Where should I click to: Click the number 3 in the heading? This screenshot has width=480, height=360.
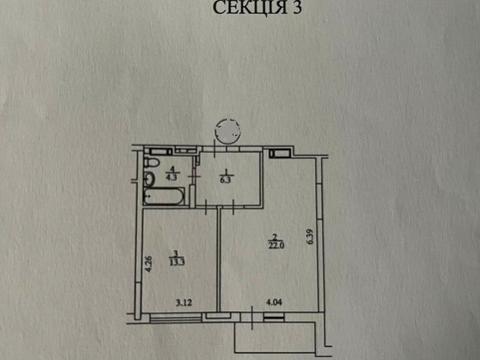[298, 9]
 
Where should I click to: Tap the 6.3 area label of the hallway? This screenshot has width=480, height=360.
[226, 181]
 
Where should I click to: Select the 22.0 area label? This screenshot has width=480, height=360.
[276, 244]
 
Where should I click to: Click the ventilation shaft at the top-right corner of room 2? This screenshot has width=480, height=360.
[281, 153]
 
